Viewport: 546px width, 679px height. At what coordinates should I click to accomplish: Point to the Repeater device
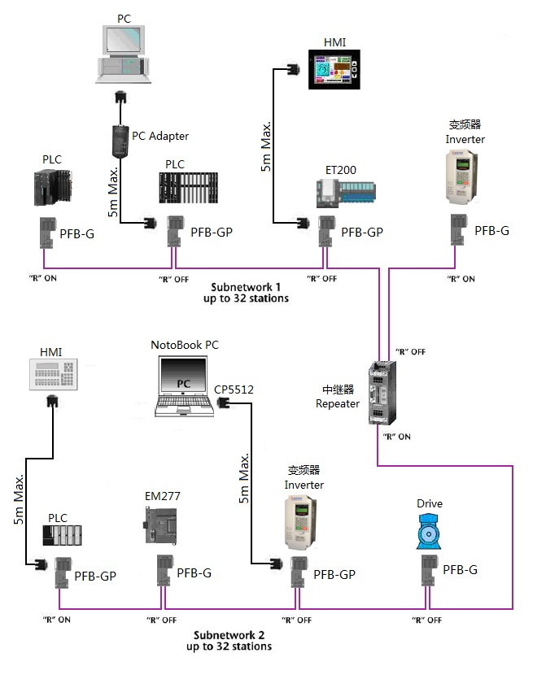tap(380, 394)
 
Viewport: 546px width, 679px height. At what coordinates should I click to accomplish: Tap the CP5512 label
tap(234, 390)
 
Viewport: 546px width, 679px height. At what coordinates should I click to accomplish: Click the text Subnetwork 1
tap(246, 288)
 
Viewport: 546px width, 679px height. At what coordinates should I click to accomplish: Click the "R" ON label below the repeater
tap(396, 437)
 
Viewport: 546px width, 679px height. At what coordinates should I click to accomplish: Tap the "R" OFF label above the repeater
tap(410, 351)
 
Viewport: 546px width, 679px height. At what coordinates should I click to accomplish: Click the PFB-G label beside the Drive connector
tap(460, 569)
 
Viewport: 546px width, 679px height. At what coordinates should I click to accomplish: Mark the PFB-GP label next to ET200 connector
tap(362, 232)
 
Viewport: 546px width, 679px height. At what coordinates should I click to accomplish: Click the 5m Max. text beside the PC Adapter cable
tap(115, 187)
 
